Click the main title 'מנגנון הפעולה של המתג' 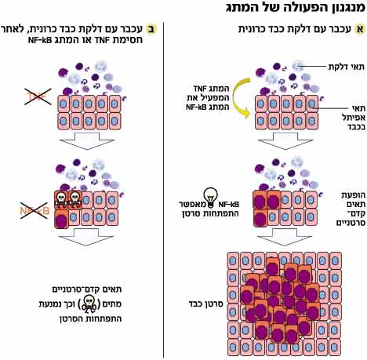(296, 8)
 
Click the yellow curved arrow (236, 98)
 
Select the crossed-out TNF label (38, 97)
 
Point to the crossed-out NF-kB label (35, 210)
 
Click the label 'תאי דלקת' (346, 67)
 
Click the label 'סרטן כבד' (205, 304)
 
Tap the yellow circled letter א (360, 29)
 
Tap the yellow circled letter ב (151, 29)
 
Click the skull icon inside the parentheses (89, 304)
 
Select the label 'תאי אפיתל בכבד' (354, 118)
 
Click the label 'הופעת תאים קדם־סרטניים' (351, 209)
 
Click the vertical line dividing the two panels (164, 190)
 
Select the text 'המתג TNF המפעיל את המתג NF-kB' (208, 98)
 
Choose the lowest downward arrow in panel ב (86, 237)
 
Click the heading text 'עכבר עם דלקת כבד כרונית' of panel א (295, 29)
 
